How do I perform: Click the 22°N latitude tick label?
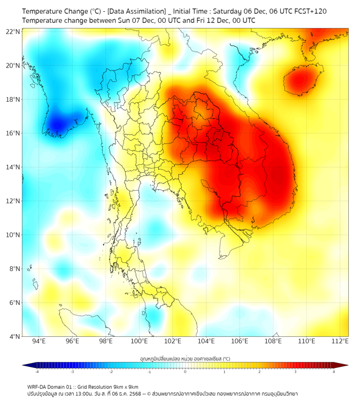(x=13, y=32)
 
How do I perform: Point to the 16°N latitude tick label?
(x=13, y=133)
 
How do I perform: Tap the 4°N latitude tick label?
(x=13, y=336)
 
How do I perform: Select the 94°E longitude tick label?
(x=39, y=342)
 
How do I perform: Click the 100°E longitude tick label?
(x=140, y=342)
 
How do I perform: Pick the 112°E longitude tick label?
(x=340, y=342)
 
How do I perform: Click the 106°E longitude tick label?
(x=240, y=342)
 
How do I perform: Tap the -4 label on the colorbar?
(x=36, y=372)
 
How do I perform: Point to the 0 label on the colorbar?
(x=185, y=372)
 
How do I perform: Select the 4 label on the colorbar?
(x=334, y=372)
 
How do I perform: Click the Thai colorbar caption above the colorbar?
(x=185, y=358)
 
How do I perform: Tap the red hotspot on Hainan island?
(x=300, y=80)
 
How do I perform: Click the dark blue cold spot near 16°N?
(x=56, y=125)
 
